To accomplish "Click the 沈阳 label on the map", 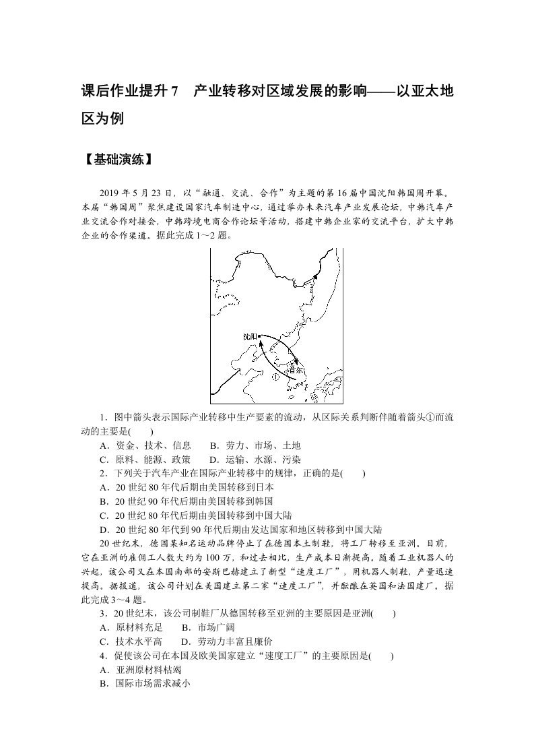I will pos(250,336).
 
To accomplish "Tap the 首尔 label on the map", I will pos(294,369).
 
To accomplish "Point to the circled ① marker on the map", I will pos(275,377).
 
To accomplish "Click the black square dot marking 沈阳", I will pos(260,336).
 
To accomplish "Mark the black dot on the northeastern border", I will pos(314,276).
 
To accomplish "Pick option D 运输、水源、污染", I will pos(255,459).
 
